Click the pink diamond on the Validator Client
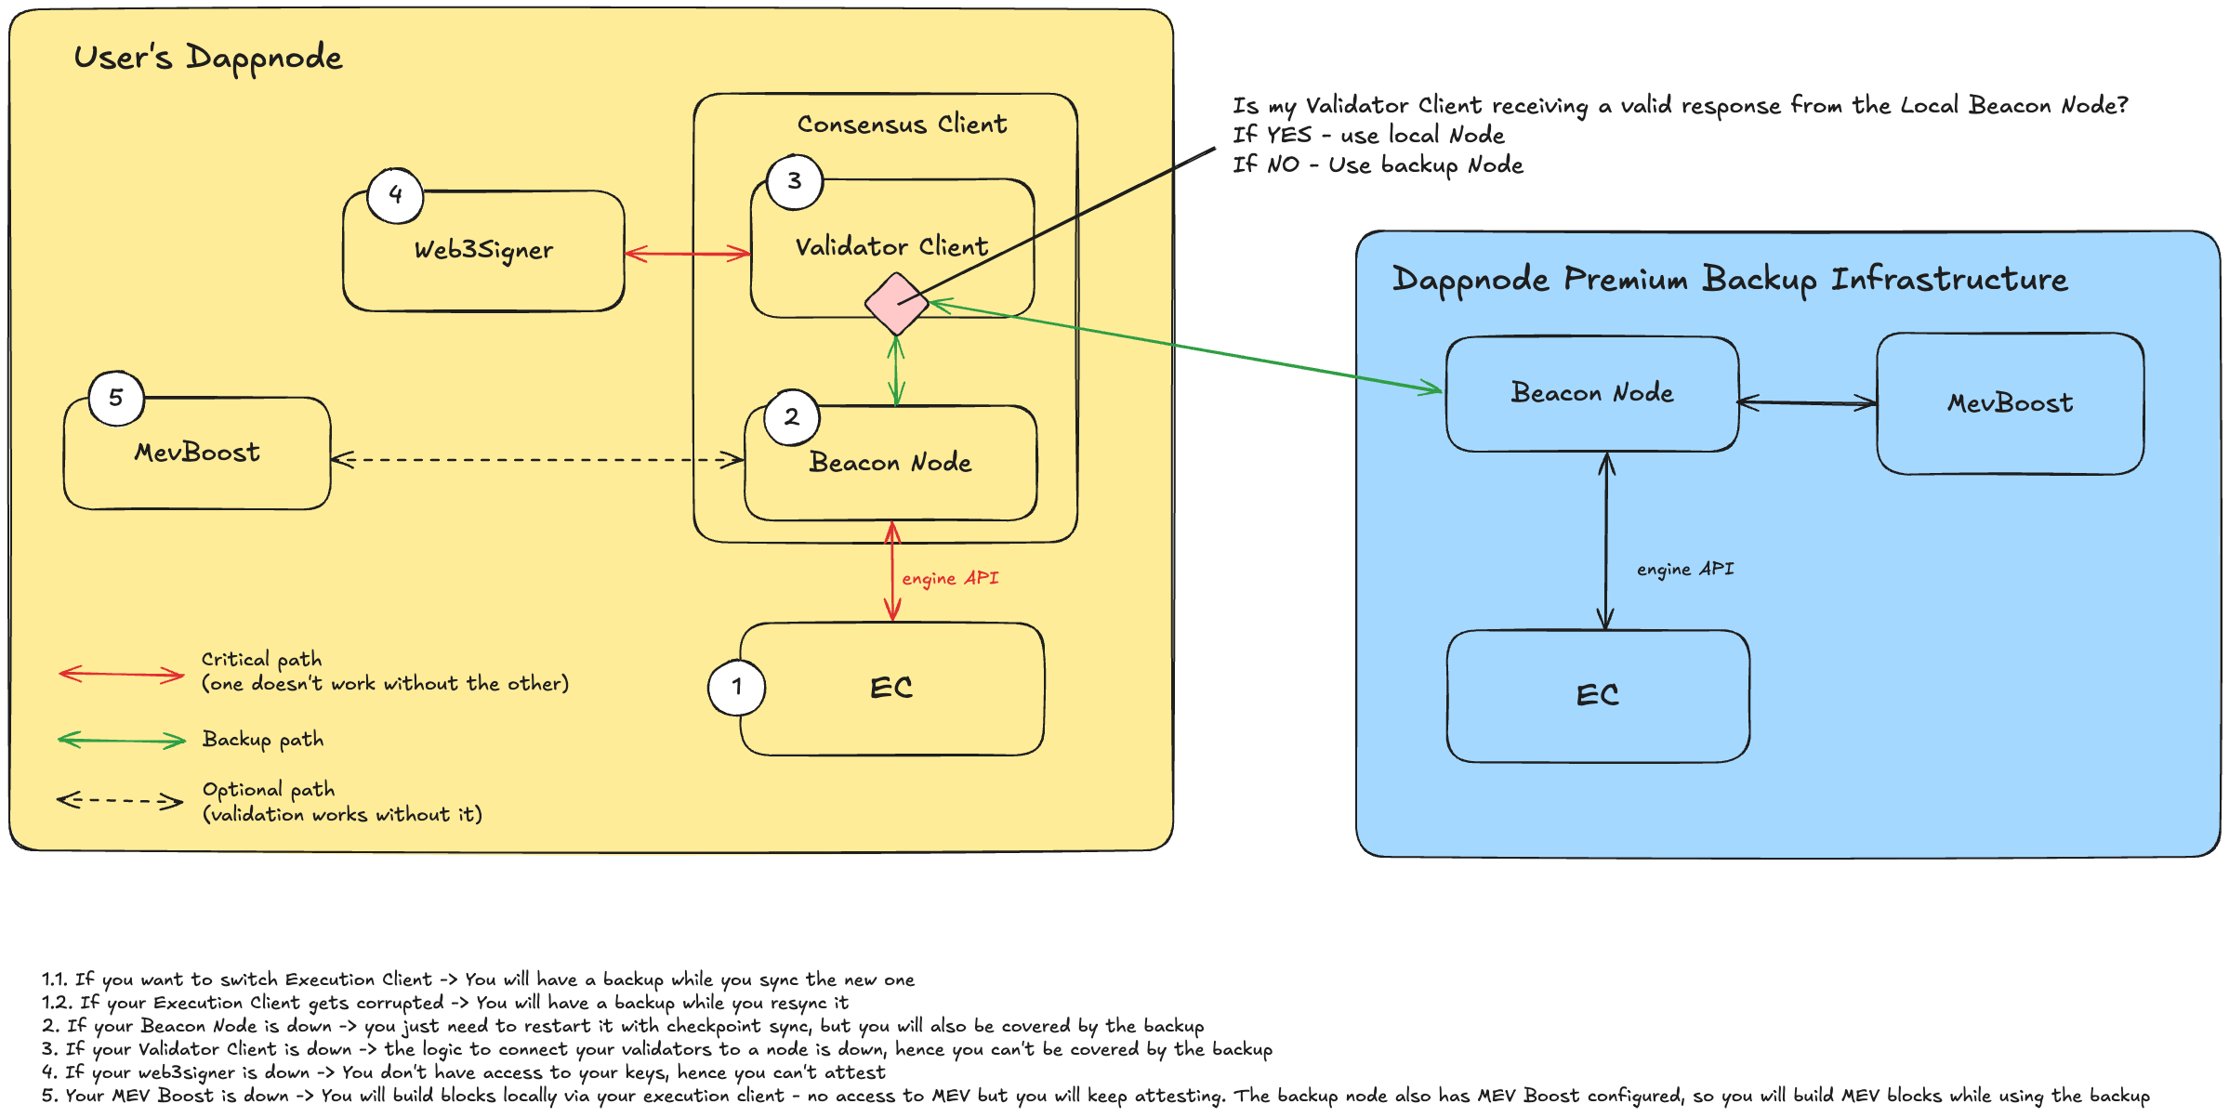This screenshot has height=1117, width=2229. click(x=895, y=304)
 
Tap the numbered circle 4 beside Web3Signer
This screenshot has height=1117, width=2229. click(x=395, y=195)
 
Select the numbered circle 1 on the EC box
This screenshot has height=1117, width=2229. click(x=736, y=688)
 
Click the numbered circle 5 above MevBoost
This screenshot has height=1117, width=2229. click(x=116, y=398)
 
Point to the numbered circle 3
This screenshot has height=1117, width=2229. click(x=795, y=181)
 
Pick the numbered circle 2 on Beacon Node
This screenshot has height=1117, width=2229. click(x=791, y=417)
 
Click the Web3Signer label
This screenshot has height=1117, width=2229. click(x=483, y=250)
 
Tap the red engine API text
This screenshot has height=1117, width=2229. click(x=950, y=578)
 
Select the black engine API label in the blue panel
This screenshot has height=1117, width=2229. click(x=1684, y=569)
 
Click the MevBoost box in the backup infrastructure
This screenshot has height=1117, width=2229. click(x=2010, y=403)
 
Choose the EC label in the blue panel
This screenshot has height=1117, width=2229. click(x=1597, y=695)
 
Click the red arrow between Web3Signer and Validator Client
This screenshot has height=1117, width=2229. click(x=687, y=253)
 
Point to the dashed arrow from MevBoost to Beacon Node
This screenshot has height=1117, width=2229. click(x=537, y=459)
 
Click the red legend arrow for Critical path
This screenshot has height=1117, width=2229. click(x=122, y=674)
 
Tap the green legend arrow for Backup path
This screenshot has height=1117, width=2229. click(x=122, y=740)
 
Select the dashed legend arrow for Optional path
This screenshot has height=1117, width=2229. click(x=120, y=800)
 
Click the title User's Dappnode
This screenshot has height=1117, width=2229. click(x=208, y=58)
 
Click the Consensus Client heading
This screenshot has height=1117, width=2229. click(x=902, y=125)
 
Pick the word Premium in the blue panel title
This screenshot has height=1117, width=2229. click(x=1625, y=279)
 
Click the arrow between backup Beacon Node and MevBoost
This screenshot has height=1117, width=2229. click(x=1807, y=402)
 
